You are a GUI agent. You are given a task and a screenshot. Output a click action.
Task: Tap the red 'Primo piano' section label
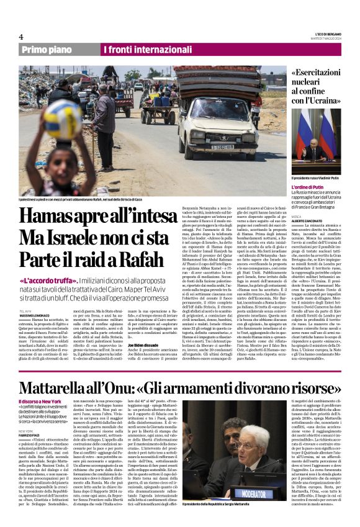click(47, 49)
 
